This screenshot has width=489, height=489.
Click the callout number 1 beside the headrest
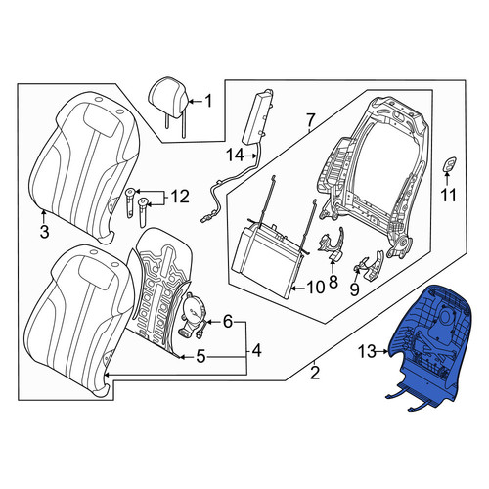pos(207,101)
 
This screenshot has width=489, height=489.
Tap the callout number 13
pos(367,352)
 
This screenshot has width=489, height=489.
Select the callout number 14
pos(235,156)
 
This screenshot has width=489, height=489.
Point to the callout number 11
pos(449,196)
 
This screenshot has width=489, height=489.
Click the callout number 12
pos(180,197)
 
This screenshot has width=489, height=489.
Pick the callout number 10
pos(316,288)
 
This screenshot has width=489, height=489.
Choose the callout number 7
pos(310,120)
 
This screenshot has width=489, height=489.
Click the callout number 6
pos(227,322)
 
